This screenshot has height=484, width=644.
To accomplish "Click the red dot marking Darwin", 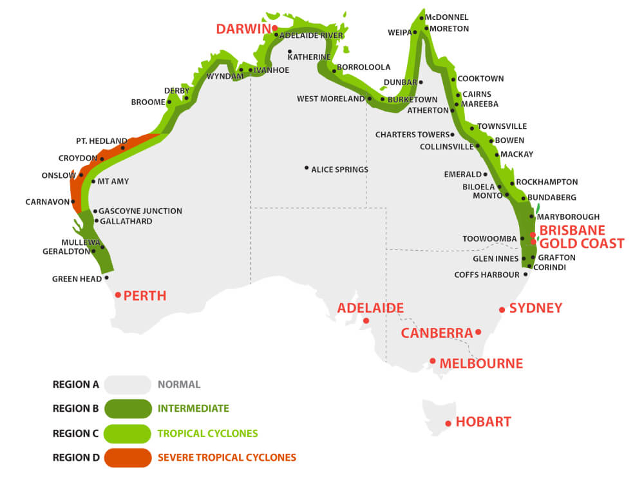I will pos(274,28).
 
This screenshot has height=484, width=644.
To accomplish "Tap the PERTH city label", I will pos(145,296).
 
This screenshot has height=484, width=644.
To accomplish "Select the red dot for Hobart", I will pos(448,423).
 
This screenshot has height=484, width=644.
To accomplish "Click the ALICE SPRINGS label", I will pos(339,169).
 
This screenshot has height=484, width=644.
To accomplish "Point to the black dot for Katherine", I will pos(290,52).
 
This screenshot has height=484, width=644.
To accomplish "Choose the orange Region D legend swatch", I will pos(128,458).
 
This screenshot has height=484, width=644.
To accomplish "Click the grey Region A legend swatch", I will pos(128,385).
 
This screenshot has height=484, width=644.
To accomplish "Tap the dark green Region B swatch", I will pos(128,409).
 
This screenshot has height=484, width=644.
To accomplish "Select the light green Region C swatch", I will pos(128,433).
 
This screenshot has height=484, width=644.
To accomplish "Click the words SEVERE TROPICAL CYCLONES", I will pos(227,458).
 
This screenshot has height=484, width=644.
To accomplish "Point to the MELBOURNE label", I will pos(481,363).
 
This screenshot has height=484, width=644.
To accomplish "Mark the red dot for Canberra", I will pos(478,333).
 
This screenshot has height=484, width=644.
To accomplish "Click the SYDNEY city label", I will pos(536,308).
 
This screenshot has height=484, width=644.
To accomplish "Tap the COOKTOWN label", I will pos(480,79).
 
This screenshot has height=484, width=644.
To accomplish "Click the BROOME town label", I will pos(148,102).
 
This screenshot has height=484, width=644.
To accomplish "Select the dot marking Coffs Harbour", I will pos(526,275).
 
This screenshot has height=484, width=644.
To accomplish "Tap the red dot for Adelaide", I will pos(366,320).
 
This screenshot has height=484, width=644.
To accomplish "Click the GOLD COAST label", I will pos(582,244).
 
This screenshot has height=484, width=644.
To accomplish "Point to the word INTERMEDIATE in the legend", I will pos(193,409).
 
